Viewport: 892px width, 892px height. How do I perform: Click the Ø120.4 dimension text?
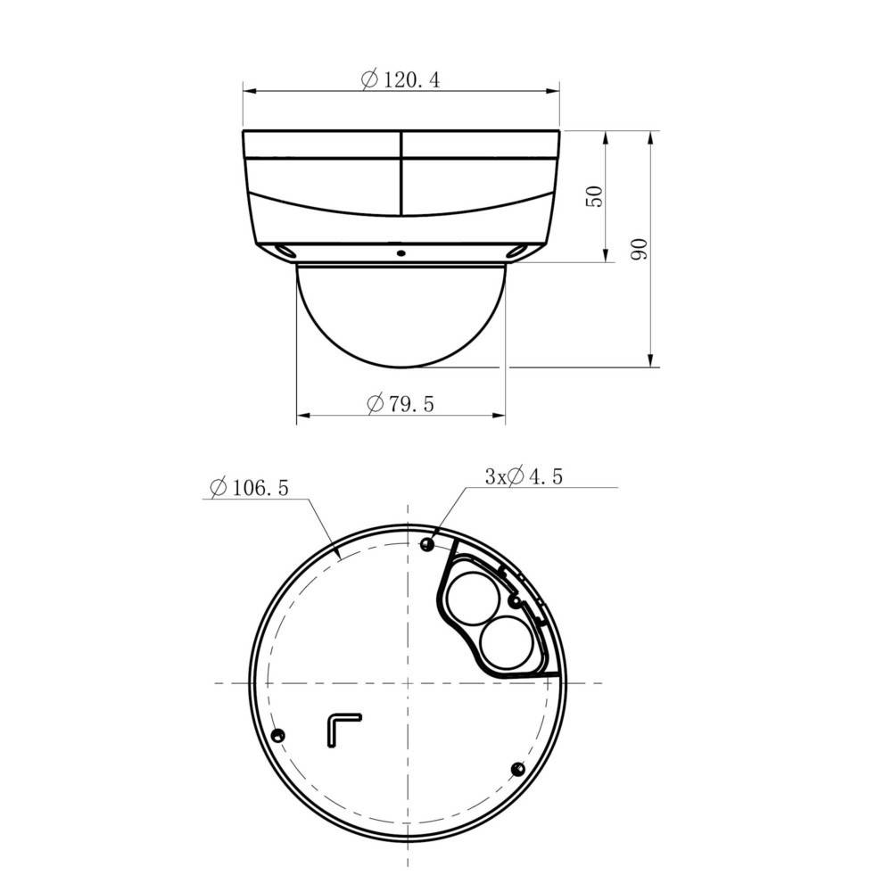pyautogui.click(x=401, y=79)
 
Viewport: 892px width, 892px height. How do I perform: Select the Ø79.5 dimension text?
pyautogui.click(x=401, y=404)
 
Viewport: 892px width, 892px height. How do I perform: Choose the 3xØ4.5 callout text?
pyautogui.click(x=524, y=477)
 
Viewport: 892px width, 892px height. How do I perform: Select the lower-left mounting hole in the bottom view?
pyautogui.click(x=277, y=735)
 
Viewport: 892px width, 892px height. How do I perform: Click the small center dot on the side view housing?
pyautogui.click(x=401, y=252)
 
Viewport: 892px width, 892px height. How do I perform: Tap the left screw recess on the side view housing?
pyautogui.click(x=284, y=252)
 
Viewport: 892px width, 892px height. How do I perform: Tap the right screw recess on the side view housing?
pyautogui.click(x=516, y=252)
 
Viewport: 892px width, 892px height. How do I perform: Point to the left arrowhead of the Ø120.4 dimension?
pyautogui.click(x=249, y=90)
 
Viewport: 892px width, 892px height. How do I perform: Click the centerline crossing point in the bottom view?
pyautogui.click(x=408, y=683)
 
